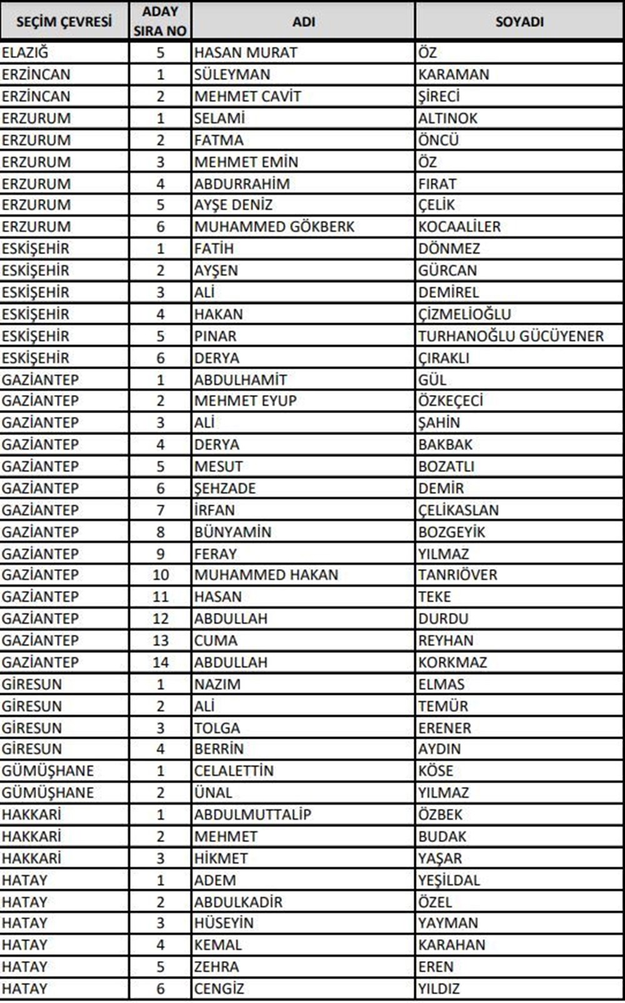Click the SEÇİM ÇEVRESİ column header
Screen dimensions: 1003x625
(64, 22)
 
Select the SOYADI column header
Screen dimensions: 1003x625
(519, 22)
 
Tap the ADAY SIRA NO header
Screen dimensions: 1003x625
(160, 21)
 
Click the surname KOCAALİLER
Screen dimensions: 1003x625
(459, 227)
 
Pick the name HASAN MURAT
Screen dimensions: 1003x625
(246, 52)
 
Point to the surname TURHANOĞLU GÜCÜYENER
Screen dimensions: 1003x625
(511, 336)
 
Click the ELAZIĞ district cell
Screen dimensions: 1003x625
(25, 52)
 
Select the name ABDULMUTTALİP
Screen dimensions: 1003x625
(252, 815)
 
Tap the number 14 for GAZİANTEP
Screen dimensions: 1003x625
(161, 662)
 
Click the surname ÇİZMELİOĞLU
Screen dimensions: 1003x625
(464, 314)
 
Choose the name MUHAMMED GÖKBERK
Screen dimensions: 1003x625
(274, 227)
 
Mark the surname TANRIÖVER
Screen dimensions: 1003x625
(457, 575)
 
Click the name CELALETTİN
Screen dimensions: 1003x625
(234, 771)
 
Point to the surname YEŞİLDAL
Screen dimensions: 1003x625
(449, 881)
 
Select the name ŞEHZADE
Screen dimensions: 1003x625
(225, 489)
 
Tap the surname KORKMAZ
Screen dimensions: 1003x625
(452, 662)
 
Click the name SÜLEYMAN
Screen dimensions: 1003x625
(232, 74)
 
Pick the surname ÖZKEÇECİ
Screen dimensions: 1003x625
(451, 401)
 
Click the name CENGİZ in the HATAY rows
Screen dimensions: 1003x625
(219, 989)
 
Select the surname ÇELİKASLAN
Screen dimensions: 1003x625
(458, 511)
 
